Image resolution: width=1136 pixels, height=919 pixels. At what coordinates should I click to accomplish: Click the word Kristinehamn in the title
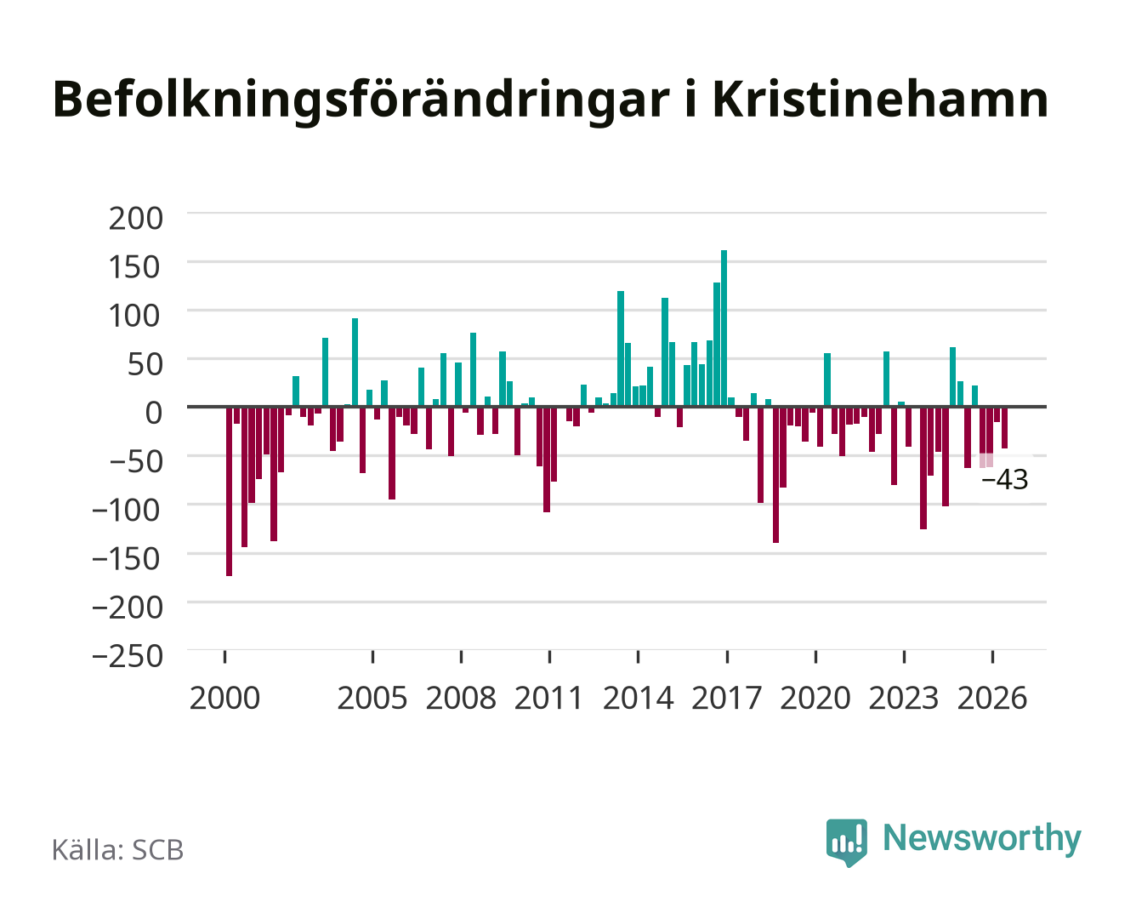click(879, 100)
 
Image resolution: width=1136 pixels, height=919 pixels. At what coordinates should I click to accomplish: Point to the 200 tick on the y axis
click(135, 219)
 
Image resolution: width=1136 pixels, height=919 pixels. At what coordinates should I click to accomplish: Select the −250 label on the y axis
click(127, 656)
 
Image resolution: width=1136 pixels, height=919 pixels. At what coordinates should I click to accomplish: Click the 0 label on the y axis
click(154, 413)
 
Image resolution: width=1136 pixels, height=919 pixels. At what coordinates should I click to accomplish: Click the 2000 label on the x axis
click(224, 698)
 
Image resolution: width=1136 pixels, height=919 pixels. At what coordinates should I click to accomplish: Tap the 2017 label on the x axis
click(726, 698)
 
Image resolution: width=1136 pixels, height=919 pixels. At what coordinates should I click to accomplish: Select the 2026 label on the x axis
click(992, 698)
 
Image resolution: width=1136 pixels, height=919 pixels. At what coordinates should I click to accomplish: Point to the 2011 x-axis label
click(548, 698)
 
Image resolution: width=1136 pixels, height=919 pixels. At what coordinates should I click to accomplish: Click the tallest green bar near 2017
click(724, 328)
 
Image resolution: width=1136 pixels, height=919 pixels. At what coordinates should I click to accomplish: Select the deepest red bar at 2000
click(229, 491)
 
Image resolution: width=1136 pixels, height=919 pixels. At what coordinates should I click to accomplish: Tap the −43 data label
click(1004, 479)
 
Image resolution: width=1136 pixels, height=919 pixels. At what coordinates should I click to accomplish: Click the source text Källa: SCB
click(117, 850)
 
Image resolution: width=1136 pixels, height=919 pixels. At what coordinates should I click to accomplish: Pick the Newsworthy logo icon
click(846, 842)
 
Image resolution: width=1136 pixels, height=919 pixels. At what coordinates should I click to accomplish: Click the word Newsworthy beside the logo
click(982, 838)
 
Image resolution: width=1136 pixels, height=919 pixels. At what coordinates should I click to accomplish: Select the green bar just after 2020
click(826, 380)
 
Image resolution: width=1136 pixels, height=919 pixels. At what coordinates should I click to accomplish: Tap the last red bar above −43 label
click(1004, 427)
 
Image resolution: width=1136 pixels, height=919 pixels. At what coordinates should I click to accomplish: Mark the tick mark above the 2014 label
click(638, 656)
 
